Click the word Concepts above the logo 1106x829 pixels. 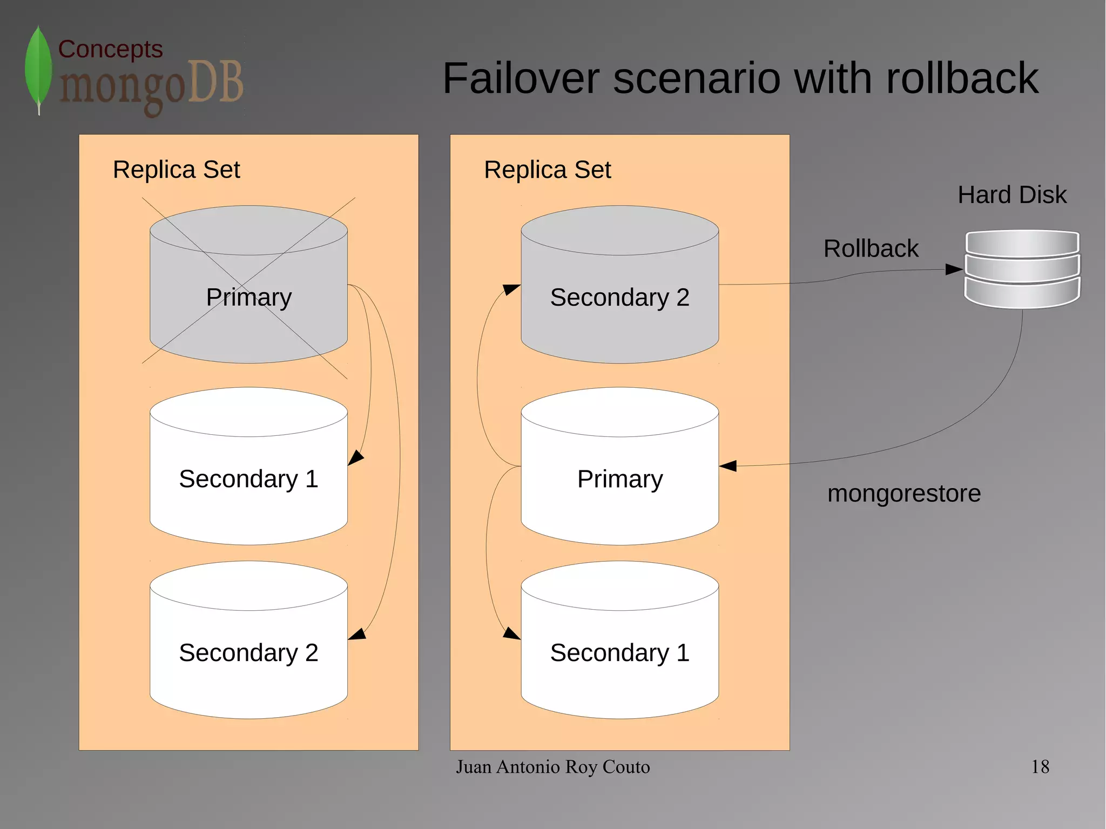click(110, 49)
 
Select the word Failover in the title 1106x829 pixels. click(521, 78)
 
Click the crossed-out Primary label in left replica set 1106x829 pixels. click(249, 297)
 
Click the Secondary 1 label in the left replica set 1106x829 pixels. click(248, 478)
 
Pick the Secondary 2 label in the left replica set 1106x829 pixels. click(248, 652)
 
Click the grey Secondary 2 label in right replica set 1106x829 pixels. click(619, 297)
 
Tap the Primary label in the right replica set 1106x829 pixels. click(619, 478)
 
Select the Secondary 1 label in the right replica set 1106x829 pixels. click(619, 652)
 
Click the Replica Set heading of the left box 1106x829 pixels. click(176, 170)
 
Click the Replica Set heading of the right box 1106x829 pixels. click(547, 170)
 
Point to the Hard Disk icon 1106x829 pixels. click(1022, 269)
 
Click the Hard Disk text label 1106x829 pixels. click(1012, 194)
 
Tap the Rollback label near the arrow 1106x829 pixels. click(871, 248)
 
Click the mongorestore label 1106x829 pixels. click(903, 493)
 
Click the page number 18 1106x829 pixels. click(1040, 766)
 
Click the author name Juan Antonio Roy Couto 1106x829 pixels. click(552, 766)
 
